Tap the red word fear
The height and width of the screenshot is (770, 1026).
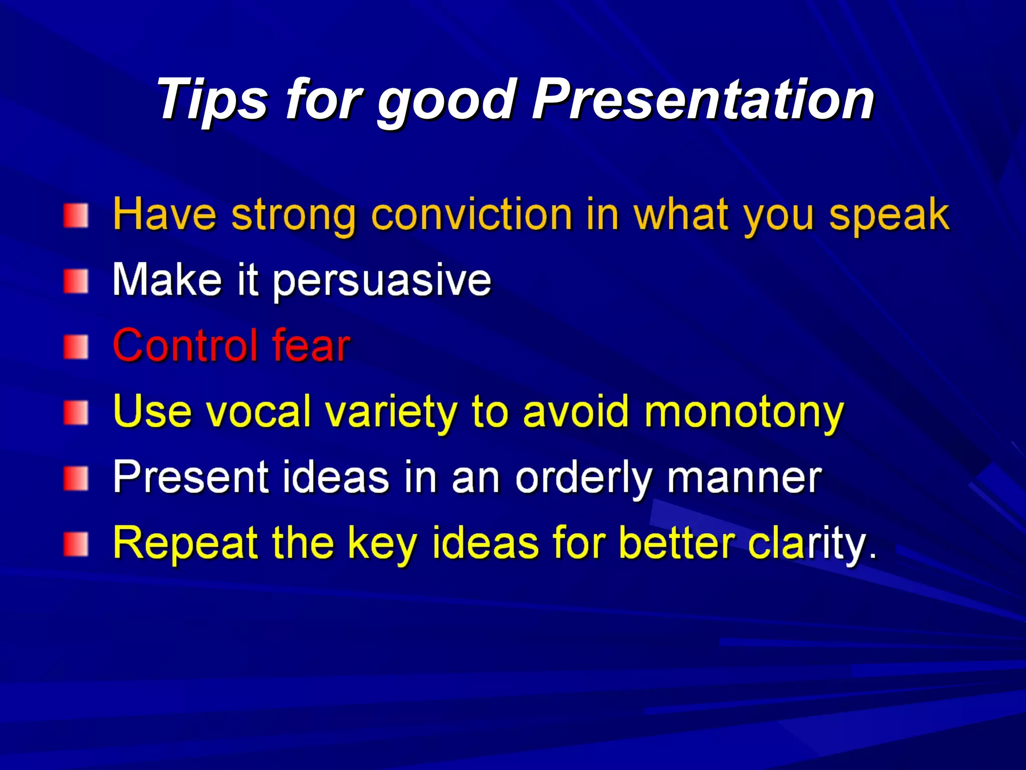(311, 346)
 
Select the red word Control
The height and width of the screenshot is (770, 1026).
(185, 346)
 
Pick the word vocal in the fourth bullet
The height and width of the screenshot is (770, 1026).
(259, 412)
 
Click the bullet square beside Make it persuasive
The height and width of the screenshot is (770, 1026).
(76, 282)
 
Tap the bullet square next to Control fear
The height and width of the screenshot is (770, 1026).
(76, 347)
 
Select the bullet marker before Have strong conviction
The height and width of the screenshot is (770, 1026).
(76, 216)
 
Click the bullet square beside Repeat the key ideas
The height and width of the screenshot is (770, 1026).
(76, 545)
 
